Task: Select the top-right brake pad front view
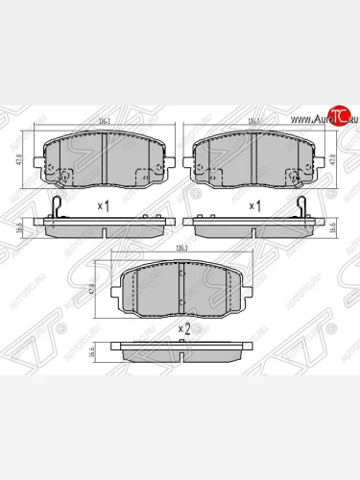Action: (x=255, y=158)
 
